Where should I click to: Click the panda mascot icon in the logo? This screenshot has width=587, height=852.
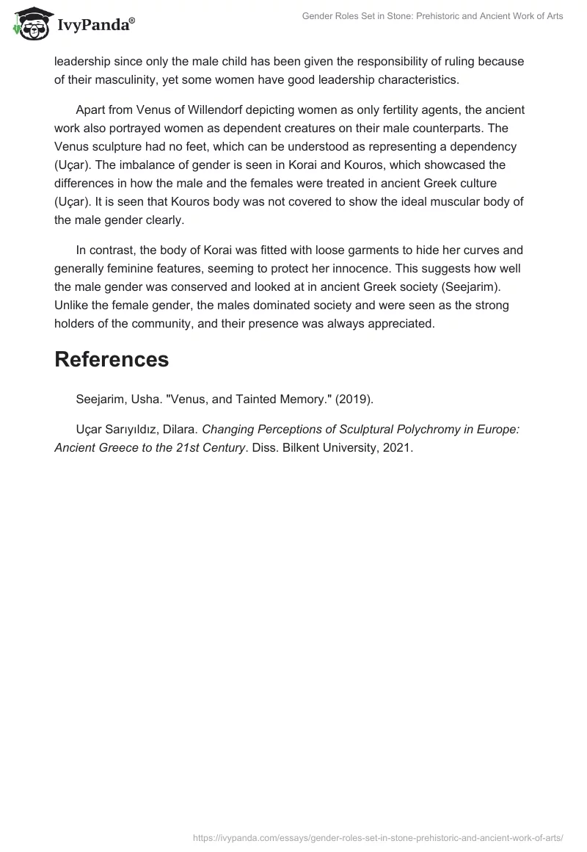click(29, 24)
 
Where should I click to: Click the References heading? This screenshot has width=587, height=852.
click(112, 359)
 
